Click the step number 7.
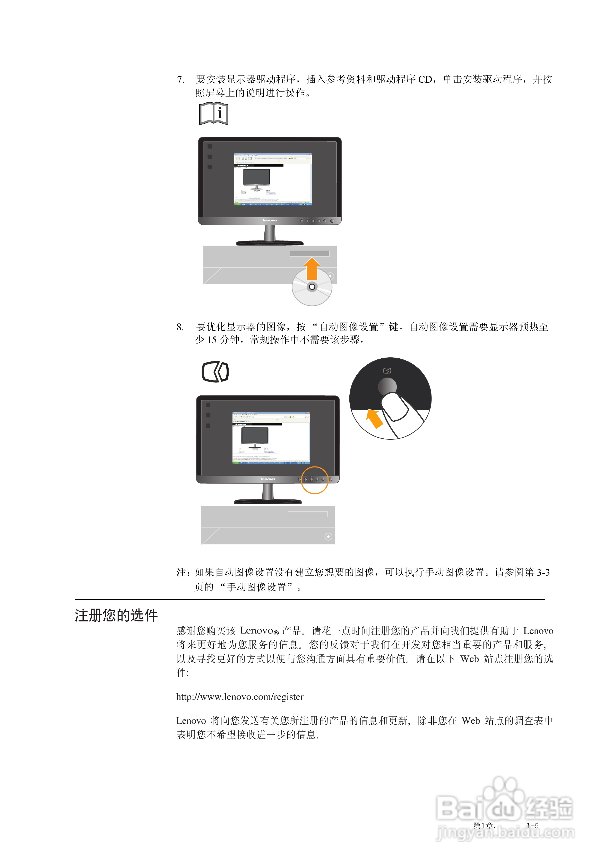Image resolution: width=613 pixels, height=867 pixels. (180, 80)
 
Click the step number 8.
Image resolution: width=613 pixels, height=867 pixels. (180, 327)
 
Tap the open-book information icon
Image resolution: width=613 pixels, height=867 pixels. (214, 113)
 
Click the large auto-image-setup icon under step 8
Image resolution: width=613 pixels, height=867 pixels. (215, 372)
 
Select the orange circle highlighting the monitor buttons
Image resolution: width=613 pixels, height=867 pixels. (314, 480)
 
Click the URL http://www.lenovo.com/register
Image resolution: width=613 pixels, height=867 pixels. (240, 697)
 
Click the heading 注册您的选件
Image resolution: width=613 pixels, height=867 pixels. (116, 615)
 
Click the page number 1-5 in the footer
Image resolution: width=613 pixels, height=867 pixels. (533, 826)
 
